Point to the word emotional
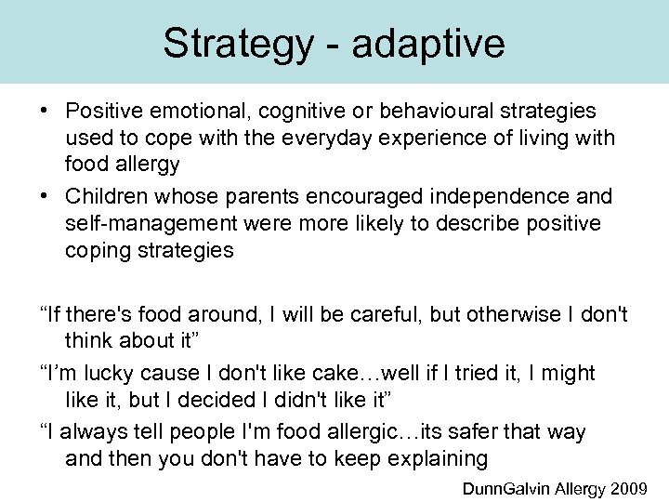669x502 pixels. tap(201, 112)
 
